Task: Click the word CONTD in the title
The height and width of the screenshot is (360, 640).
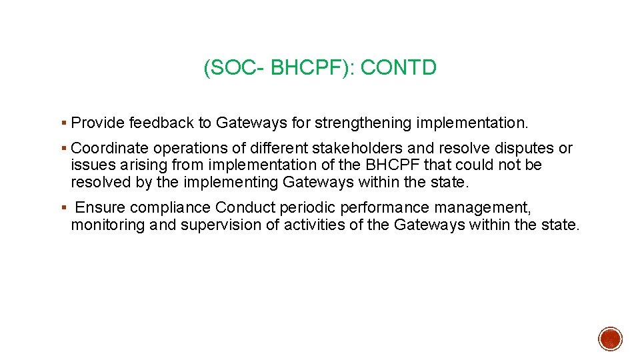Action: coord(398,67)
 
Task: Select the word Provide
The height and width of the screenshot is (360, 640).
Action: coord(98,123)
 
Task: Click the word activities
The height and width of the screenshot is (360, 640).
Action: coord(312,225)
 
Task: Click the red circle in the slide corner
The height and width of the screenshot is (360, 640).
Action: coord(609,339)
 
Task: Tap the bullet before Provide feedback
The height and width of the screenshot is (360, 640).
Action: coord(63,123)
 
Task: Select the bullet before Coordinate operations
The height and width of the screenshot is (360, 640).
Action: coord(63,149)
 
